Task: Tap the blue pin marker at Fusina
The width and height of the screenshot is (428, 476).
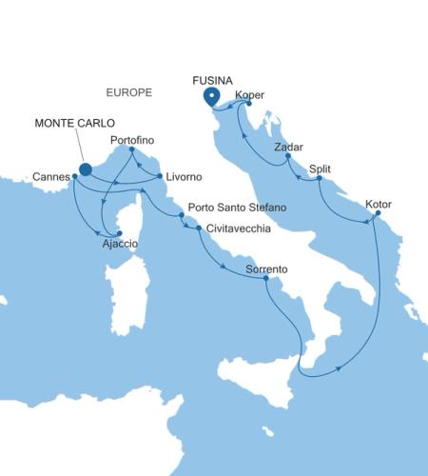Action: pyautogui.click(x=211, y=97)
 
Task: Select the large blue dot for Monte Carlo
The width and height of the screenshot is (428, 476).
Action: pyautogui.click(x=85, y=169)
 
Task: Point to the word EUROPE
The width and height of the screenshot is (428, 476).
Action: pyautogui.click(x=130, y=92)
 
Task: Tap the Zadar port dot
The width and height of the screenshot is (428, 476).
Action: pyautogui.click(x=287, y=161)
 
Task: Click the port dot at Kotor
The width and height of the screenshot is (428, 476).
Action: pyautogui.click(x=378, y=213)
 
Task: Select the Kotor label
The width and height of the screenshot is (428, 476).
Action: pyautogui.click(x=378, y=202)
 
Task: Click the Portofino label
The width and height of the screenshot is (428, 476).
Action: pyautogui.click(x=132, y=140)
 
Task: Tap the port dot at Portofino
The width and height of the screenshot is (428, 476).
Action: pyautogui.click(x=131, y=150)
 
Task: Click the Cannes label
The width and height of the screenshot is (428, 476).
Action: pyautogui.click(x=49, y=176)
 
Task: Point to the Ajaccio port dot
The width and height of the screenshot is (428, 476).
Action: pyautogui.click(x=119, y=233)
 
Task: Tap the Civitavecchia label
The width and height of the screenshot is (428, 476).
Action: pyautogui.click(x=238, y=229)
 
